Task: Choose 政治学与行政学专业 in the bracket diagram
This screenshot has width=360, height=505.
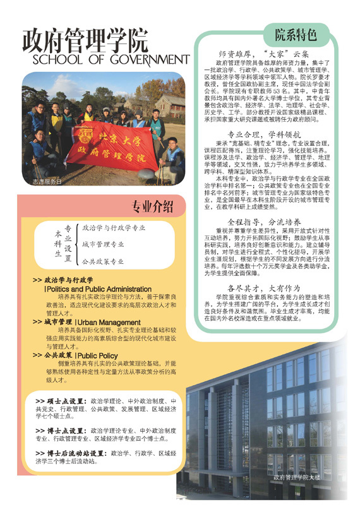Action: click(114, 227)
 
